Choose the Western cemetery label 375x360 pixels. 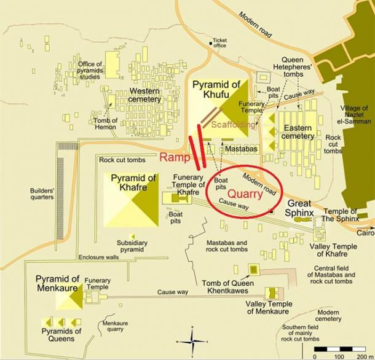click(145, 95)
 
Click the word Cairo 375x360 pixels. click(365, 233)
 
